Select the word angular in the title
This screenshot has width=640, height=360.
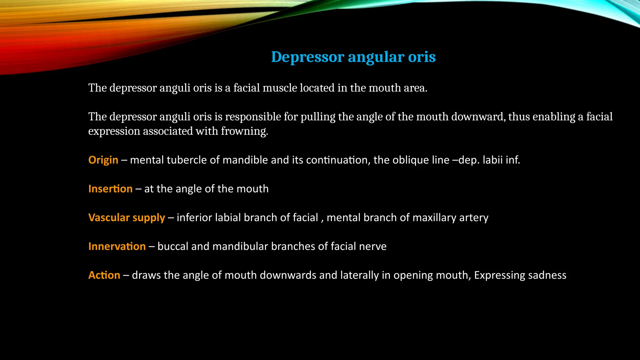(371, 57)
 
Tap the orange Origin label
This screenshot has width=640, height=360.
(103, 160)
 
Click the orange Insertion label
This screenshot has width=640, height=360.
(110, 189)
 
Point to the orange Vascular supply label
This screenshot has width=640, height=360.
(127, 217)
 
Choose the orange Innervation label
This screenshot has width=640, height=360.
(117, 246)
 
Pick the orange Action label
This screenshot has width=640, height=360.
(104, 275)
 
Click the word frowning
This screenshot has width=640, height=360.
(244, 131)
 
